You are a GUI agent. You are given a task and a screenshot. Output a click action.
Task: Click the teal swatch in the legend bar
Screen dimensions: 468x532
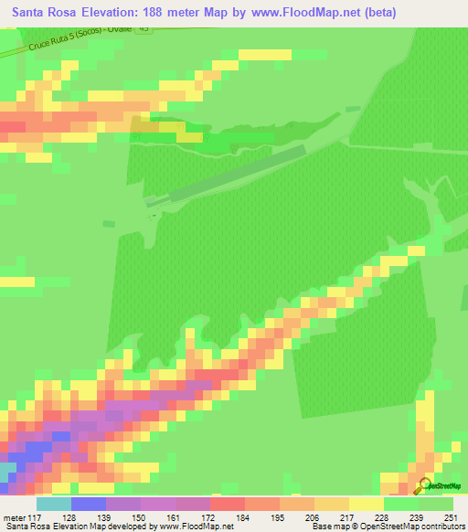[x=54, y=504]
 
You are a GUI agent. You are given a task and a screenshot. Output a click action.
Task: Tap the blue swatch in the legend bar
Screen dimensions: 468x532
[x=89, y=504]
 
